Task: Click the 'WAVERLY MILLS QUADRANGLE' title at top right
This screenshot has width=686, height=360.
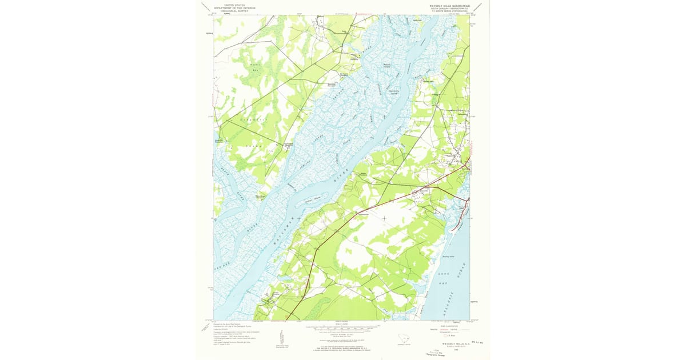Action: (x=449, y=5)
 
